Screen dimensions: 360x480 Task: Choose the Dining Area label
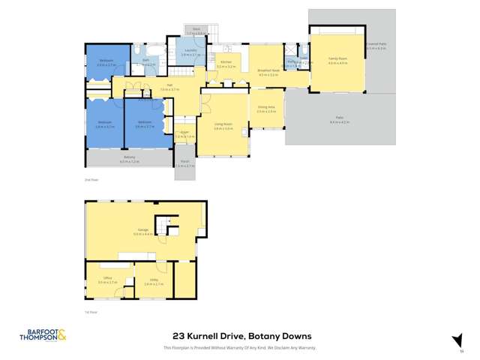(x=266, y=109)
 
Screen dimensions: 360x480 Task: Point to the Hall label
(x=170, y=88)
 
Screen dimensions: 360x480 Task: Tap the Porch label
(x=184, y=163)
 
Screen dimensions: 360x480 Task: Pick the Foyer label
(x=184, y=134)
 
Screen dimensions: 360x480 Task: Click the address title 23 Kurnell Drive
(x=239, y=335)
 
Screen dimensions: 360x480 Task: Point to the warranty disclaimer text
(x=239, y=347)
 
